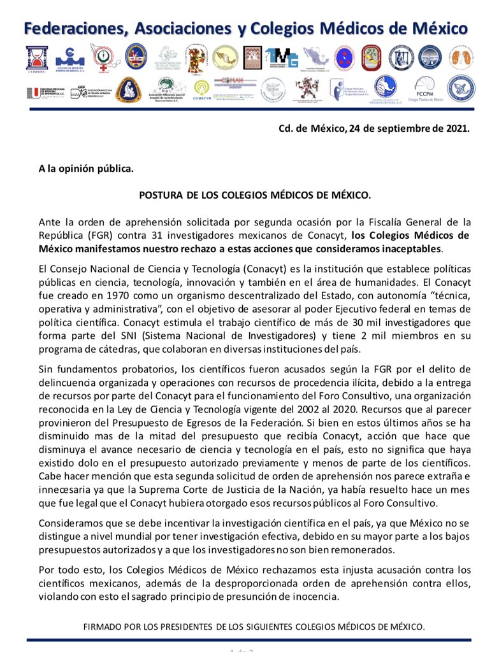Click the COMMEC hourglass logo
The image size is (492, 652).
pos(36,59)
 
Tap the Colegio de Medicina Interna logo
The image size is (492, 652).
pos(70,59)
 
